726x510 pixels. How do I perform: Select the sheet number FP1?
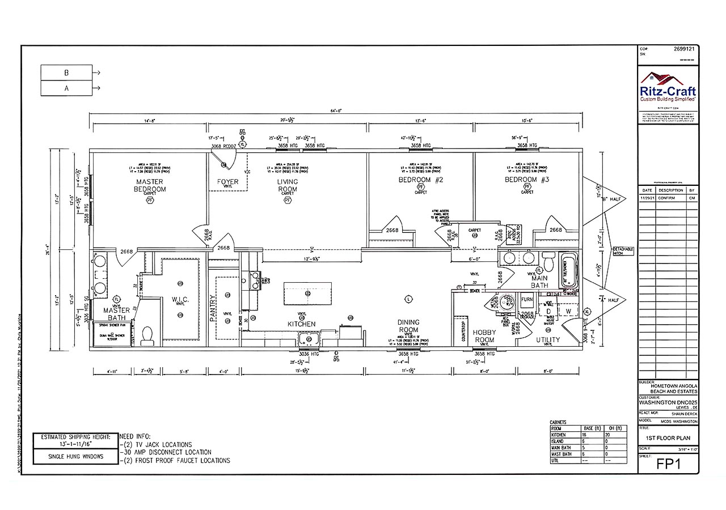tap(668, 464)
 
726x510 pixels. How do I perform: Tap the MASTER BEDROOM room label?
tap(150, 185)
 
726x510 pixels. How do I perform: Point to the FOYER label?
tap(228, 182)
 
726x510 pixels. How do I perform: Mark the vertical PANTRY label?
tap(213, 309)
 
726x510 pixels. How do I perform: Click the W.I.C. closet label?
tap(180, 299)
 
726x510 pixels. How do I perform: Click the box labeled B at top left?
tap(66, 73)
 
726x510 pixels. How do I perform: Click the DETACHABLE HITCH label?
tap(623, 252)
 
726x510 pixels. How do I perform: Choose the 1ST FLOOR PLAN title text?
tap(668, 439)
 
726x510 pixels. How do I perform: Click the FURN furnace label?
tap(527, 299)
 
